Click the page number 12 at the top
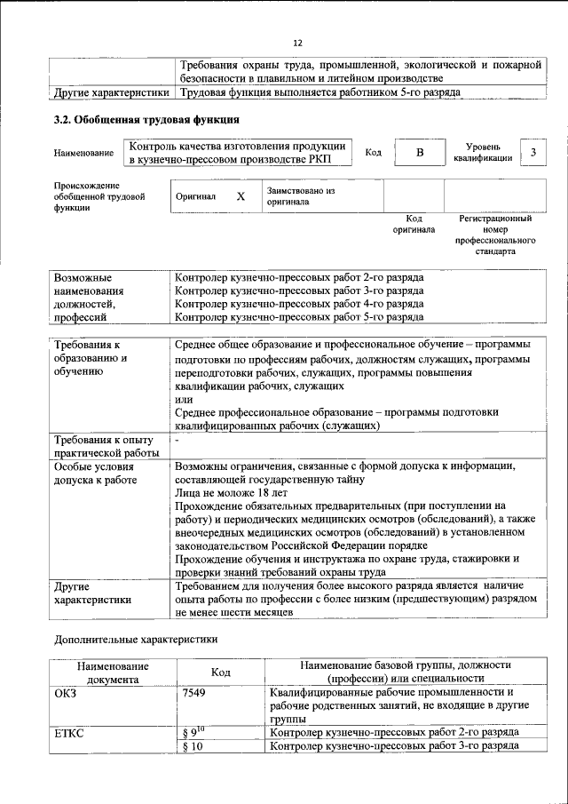[x=298, y=43]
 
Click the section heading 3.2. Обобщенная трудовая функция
[x=146, y=120]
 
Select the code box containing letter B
[x=420, y=153]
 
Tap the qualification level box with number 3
[x=532, y=153]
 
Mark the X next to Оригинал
[x=240, y=196]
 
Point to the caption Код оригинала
[x=414, y=224]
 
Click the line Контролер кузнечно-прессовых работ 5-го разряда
[x=299, y=316]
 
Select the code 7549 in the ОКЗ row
[x=193, y=691]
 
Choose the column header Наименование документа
[x=113, y=672]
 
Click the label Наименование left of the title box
[x=83, y=154]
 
